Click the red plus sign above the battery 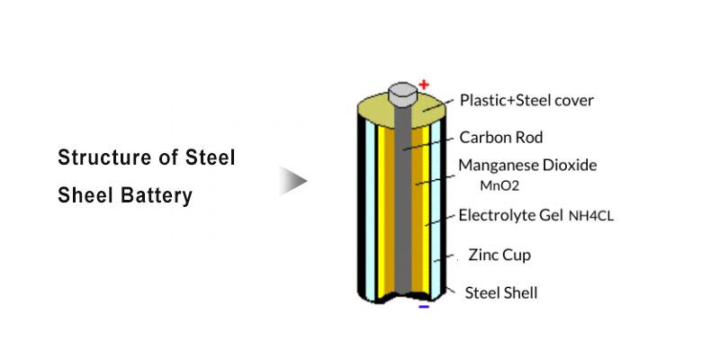tap(424, 85)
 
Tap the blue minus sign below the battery tap(424, 306)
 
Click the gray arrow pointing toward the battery tap(292, 180)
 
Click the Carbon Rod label tap(501, 138)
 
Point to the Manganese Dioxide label tap(527, 166)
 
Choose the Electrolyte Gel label tap(510, 215)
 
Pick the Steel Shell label tap(501, 292)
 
